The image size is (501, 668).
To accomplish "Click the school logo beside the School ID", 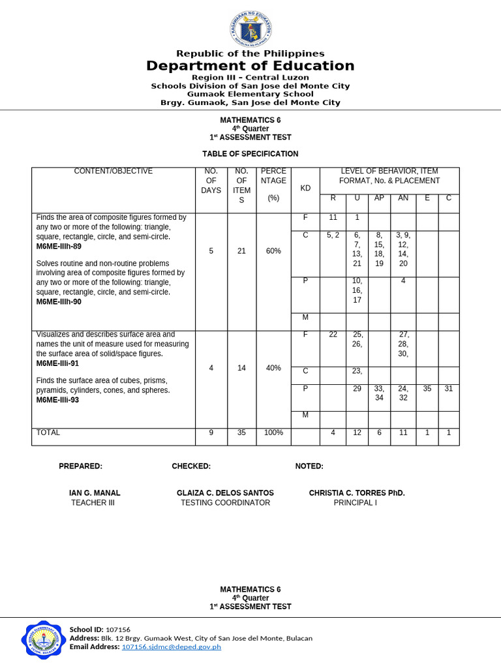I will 44,639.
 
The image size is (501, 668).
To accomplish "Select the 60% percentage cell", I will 274,251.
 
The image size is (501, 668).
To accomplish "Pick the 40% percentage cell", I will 274,368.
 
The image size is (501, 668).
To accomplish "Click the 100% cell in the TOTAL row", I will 274,433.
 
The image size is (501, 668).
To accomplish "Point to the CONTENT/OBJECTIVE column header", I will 114,172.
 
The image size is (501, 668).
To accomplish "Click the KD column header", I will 305,189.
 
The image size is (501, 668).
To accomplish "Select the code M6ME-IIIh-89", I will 59,247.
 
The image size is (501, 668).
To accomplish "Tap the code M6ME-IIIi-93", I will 57,400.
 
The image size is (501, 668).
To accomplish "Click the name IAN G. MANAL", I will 95,493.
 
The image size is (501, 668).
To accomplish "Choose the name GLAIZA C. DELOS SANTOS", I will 225,493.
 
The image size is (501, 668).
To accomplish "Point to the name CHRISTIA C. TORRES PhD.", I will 357,493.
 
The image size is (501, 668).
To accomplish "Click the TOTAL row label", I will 48,433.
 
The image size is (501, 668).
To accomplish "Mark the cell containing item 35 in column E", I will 427,389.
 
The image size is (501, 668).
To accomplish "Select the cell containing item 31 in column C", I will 448,389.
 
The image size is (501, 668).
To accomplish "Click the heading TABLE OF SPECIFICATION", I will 250,154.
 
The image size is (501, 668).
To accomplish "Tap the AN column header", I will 403,198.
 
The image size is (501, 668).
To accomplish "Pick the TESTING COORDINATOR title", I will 225,503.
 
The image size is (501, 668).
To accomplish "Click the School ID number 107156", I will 118,630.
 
